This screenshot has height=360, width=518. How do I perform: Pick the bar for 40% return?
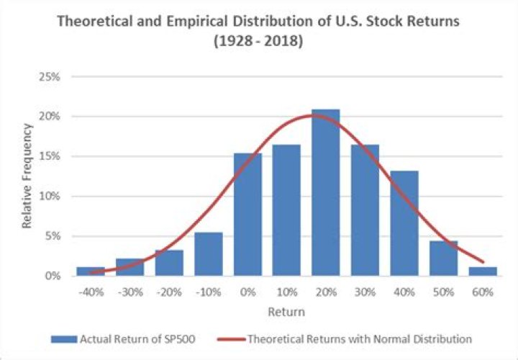(404, 223)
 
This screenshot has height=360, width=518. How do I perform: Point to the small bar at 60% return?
(483, 271)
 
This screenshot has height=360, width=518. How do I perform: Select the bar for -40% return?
(91, 271)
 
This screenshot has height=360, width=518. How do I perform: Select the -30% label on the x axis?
(129, 292)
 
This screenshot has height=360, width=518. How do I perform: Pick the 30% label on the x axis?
(365, 292)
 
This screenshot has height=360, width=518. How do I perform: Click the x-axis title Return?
(286, 312)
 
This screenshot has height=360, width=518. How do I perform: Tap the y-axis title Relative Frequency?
(27, 176)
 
